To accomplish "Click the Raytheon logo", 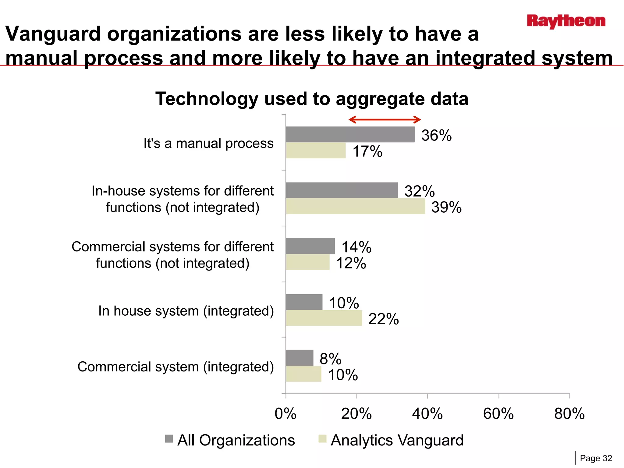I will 566,21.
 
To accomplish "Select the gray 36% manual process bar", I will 350,134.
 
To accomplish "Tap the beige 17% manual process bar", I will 316,151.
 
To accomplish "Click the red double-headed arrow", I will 385,119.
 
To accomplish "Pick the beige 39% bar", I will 355,206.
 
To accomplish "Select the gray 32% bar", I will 342,190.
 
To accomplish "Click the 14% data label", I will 356,247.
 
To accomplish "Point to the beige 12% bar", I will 308,262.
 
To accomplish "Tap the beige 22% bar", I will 324,318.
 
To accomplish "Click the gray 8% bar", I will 300,358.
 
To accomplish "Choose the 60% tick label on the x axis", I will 498,414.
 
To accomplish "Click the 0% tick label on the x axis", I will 285,414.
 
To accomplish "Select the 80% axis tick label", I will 569,414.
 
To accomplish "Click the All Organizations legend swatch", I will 169,439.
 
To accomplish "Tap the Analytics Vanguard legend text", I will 397,440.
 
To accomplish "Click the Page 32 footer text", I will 596,458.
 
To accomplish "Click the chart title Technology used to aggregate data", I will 312,99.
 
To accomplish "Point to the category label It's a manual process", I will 208,143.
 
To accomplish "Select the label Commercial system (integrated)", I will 175,367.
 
